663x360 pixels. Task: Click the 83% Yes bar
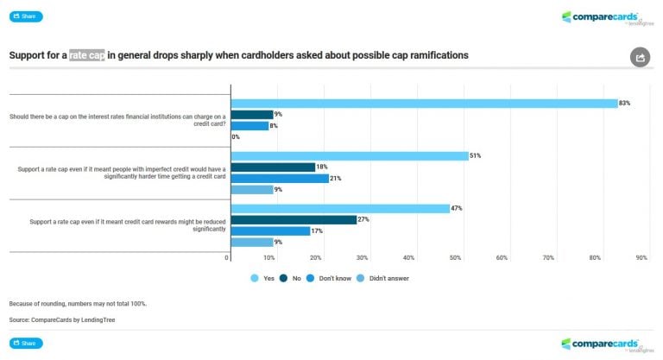pos(424,103)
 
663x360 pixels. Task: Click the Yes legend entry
pos(262,278)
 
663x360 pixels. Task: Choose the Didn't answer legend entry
pos(383,278)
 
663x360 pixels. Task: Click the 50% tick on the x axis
pos(455,258)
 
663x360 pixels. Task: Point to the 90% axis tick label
pos(641,258)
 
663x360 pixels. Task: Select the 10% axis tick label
pos(268,258)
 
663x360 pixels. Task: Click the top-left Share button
pos(26,16)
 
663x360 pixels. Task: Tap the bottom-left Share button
pos(26,343)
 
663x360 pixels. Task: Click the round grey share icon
pos(640,58)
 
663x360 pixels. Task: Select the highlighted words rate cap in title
pos(87,55)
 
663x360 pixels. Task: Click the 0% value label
pos(236,136)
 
